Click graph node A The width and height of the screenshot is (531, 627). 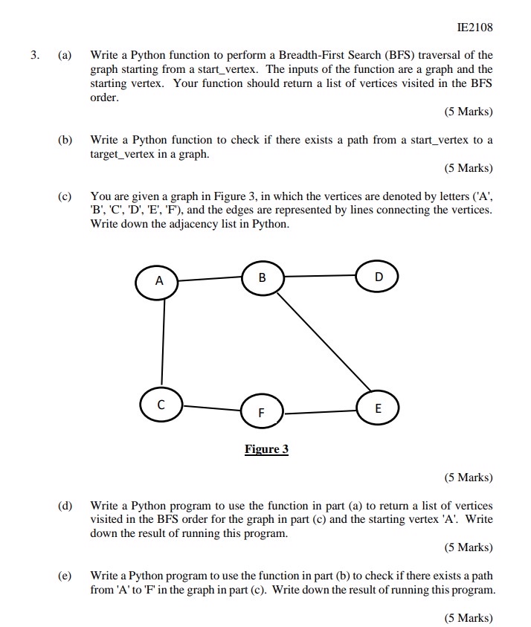(x=158, y=282)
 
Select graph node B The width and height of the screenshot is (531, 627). (x=262, y=277)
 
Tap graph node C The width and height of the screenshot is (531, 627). (x=160, y=405)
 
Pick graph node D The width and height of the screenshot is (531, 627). (x=378, y=277)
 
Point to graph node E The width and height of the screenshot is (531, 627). (x=378, y=408)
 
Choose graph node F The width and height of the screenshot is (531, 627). (x=261, y=412)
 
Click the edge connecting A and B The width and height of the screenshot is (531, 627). (x=210, y=280)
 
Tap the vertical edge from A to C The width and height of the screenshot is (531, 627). (x=162, y=343)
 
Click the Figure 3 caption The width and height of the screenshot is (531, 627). (x=266, y=449)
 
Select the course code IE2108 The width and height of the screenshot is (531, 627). (x=476, y=28)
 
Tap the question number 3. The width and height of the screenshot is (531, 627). (x=34, y=55)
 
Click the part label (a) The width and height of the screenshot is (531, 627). (x=65, y=55)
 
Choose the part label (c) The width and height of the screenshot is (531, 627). (x=65, y=196)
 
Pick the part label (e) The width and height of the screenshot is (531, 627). (x=65, y=576)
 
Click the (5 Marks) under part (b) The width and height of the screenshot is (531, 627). (x=469, y=168)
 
